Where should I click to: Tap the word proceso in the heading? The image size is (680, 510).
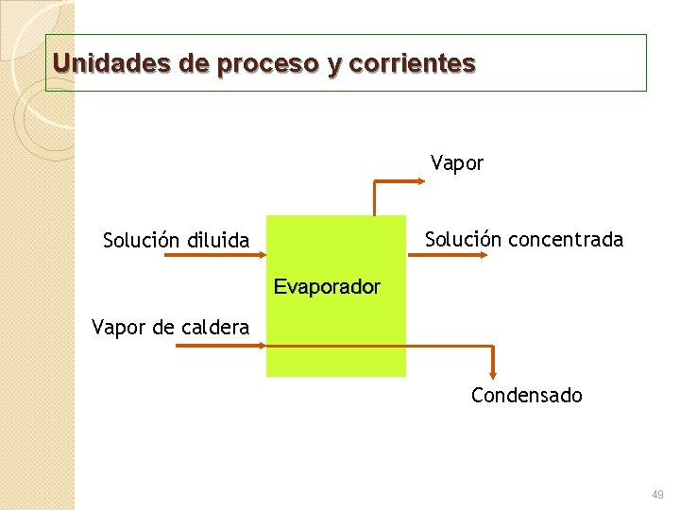coord(268,64)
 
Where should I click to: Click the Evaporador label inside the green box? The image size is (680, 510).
coord(327,286)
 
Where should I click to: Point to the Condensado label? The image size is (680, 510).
coord(527,395)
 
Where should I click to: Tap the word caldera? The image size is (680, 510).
coord(213,328)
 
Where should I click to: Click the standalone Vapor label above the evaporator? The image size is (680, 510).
coord(457,163)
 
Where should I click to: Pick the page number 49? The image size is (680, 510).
coord(658,495)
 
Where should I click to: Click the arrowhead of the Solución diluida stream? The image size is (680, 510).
coord(262,255)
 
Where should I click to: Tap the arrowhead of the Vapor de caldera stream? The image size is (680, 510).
coord(262,345)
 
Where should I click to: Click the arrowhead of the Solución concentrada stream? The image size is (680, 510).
coord(480,254)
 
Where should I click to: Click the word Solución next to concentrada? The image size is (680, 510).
coord(463,239)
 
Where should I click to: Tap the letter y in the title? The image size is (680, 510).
coord(334,65)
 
